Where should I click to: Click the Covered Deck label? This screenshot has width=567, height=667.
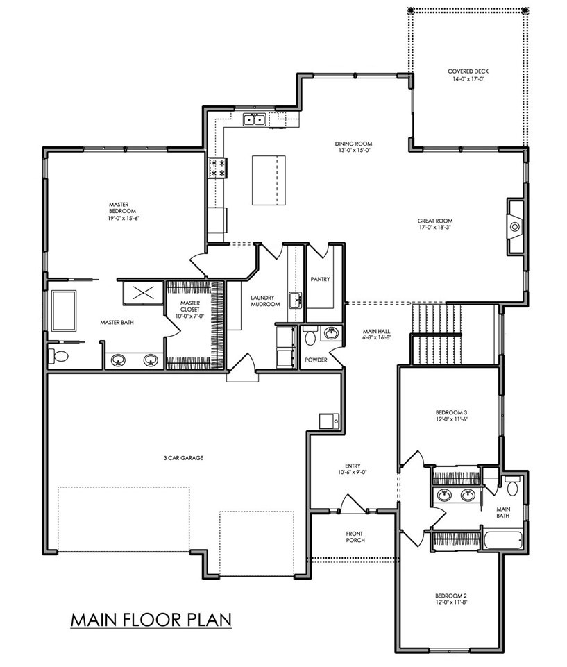(468, 71)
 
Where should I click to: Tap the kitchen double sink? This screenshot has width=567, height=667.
(255, 120)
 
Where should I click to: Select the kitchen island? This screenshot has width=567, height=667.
(269, 180)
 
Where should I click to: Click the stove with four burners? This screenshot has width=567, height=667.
(217, 168)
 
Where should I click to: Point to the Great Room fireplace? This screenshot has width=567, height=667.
(515, 227)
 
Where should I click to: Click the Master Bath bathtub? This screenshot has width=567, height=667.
(64, 310)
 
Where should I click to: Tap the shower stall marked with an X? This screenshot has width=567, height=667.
(143, 293)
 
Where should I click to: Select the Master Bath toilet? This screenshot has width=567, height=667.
(58, 355)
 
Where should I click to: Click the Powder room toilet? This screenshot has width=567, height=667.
(310, 336)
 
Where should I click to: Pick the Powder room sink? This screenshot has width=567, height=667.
(331, 333)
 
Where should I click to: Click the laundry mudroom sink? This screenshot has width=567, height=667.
(295, 300)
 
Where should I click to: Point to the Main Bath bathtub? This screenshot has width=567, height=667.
(502, 540)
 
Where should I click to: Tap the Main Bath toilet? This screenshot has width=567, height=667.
(512, 486)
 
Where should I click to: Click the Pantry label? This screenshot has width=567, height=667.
(320, 280)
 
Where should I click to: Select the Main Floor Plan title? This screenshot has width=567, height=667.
(151, 620)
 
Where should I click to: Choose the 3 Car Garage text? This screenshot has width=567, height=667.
(183, 458)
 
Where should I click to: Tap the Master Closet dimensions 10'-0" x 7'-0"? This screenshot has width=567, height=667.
(189, 316)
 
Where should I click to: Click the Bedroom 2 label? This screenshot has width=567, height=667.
(451, 596)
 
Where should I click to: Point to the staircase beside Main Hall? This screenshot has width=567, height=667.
(437, 332)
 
